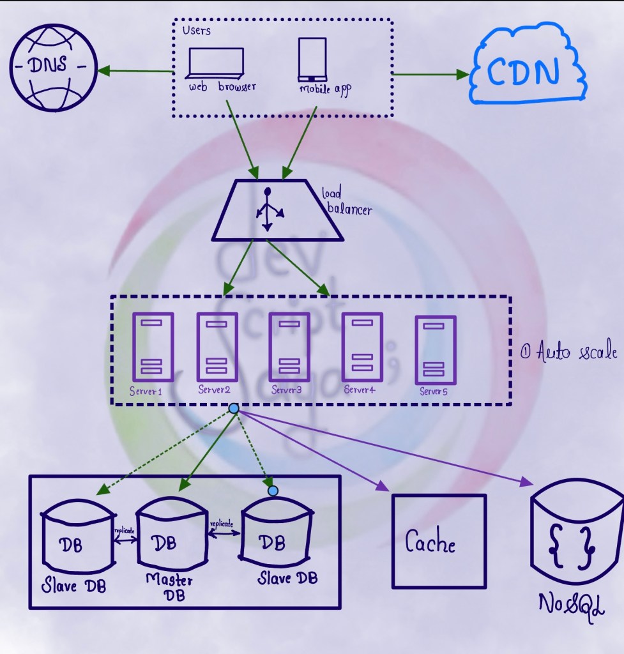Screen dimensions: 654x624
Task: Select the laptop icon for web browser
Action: coord(215,65)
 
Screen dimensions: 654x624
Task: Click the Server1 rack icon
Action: coord(153,347)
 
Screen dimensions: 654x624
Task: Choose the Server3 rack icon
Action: coord(289,347)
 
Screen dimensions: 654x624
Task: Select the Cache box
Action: coord(438,541)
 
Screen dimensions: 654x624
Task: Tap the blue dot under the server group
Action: coord(234,408)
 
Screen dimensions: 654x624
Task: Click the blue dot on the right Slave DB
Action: coord(273,490)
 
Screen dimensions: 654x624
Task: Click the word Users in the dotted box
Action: coord(196,30)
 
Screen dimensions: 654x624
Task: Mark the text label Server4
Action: coord(359,390)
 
